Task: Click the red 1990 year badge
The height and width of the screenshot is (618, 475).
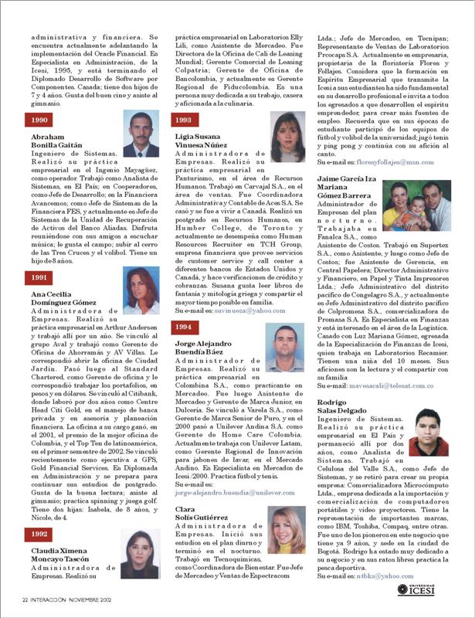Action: pyautogui.click(x=38, y=120)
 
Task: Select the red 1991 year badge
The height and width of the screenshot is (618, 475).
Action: pyautogui.click(x=38, y=277)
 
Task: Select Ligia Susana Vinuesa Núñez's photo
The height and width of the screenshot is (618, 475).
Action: pyautogui.click(x=287, y=137)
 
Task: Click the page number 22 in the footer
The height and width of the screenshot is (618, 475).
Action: pyautogui.click(x=25, y=599)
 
